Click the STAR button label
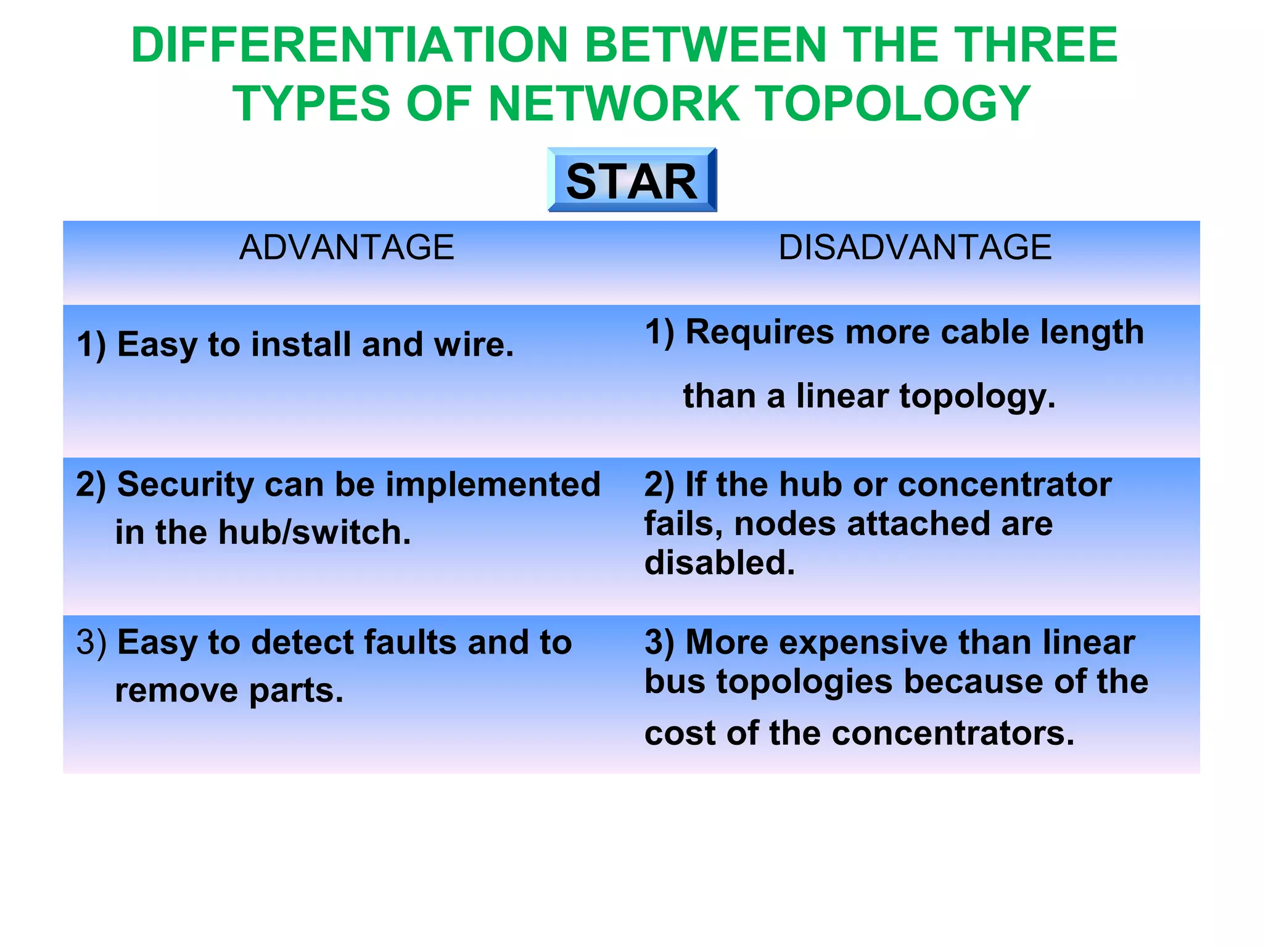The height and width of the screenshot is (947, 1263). [631, 182]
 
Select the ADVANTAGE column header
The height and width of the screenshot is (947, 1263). [347, 248]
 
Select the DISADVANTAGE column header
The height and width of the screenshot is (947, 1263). [915, 248]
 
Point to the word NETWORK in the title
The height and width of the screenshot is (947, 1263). [614, 104]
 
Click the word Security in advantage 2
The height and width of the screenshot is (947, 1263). [185, 485]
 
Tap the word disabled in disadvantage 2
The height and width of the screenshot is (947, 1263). [719, 563]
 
